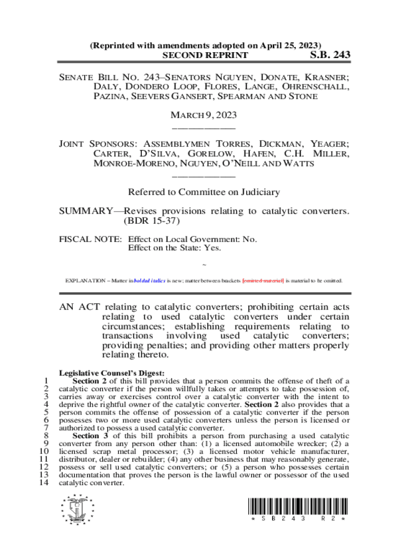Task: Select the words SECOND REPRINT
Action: pos(205,55)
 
